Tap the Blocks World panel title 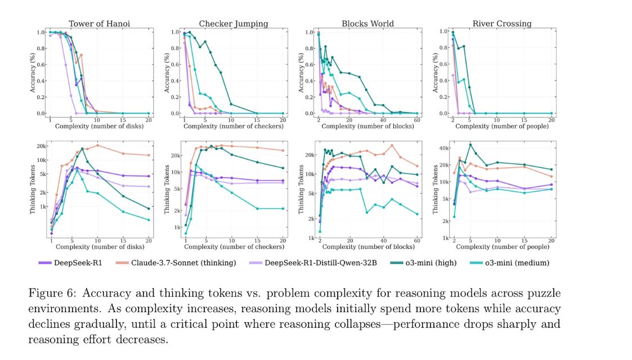click(367, 24)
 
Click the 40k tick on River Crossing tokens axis click(443, 148)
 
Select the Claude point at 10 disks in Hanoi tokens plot click(97, 145)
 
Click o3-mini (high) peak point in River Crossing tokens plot click(470, 145)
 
